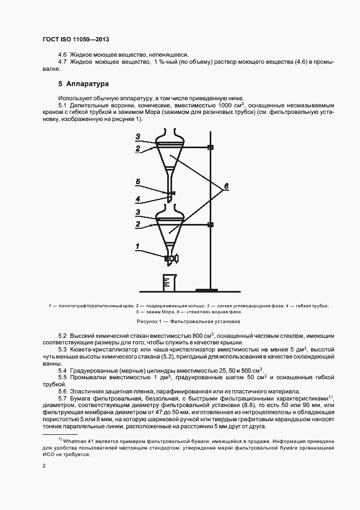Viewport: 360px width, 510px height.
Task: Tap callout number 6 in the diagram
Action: click(x=225, y=186)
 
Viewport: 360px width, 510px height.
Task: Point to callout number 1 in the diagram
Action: click(x=138, y=246)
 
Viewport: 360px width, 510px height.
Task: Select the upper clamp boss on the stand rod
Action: click(x=210, y=148)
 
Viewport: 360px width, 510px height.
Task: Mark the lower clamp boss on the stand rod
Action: click(x=210, y=224)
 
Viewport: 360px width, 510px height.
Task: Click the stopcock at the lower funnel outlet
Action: click(x=171, y=257)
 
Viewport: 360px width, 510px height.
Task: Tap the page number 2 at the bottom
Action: click(x=44, y=466)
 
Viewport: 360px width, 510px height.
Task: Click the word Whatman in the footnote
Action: click(x=79, y=439)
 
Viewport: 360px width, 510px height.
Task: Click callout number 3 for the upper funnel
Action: click(x=138, y=136)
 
